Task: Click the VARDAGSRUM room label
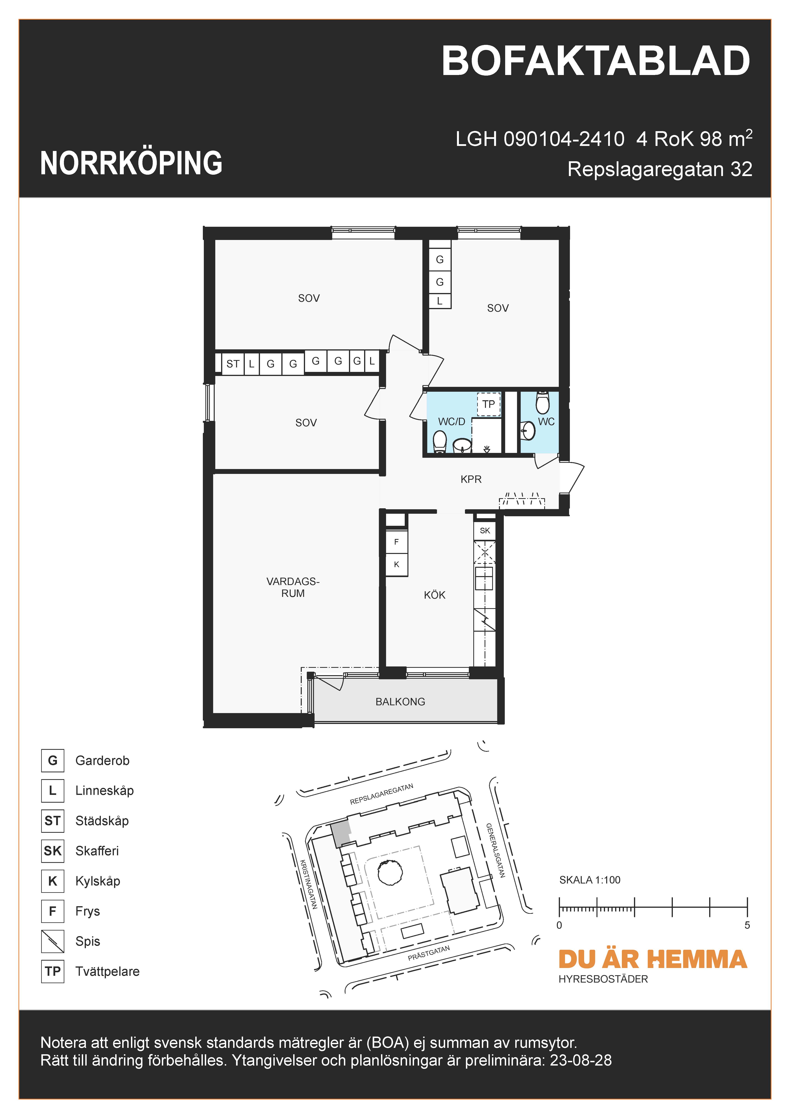(x=293, y=587)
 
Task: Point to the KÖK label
(x=434, y=595)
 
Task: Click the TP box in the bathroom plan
(x=488, y=404)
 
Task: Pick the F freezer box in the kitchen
(x=397, y=542)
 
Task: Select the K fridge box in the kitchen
(x=397, y=564)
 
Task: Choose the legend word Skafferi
(x=97, y=851)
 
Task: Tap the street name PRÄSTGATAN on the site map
(x=429, y=953)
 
